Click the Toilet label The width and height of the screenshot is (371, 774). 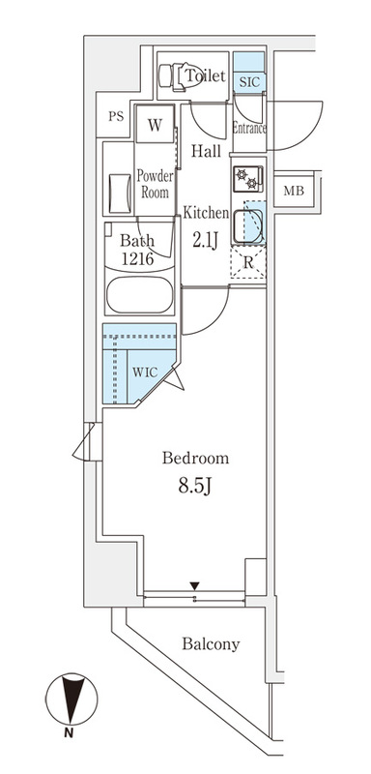(206, 76)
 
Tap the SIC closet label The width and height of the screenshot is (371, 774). (249, 82)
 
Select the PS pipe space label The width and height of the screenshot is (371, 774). (116, 117)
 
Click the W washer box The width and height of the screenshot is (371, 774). (155, 126)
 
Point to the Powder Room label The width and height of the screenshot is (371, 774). (155, 184)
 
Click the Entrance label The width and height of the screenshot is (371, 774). (249, 129)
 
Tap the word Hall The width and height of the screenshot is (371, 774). (206, 151)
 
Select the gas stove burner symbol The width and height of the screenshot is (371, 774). (247, 178)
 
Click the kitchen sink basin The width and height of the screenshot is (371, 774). (248, 226)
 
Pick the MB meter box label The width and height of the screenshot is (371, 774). (294, 191)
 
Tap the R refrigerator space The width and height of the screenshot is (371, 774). (248, 262)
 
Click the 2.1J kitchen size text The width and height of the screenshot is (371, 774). (206, 240)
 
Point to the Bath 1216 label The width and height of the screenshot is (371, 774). (138, 250)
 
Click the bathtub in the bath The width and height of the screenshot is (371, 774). (139, 294)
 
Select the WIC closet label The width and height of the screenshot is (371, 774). (145, 372)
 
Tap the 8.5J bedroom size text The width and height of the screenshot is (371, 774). (195, 487)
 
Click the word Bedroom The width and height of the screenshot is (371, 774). (195, 459)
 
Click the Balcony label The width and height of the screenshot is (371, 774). (211, 644)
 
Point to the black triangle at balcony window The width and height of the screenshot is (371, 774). (195, 586)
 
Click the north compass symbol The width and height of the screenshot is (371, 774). (71, 699)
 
